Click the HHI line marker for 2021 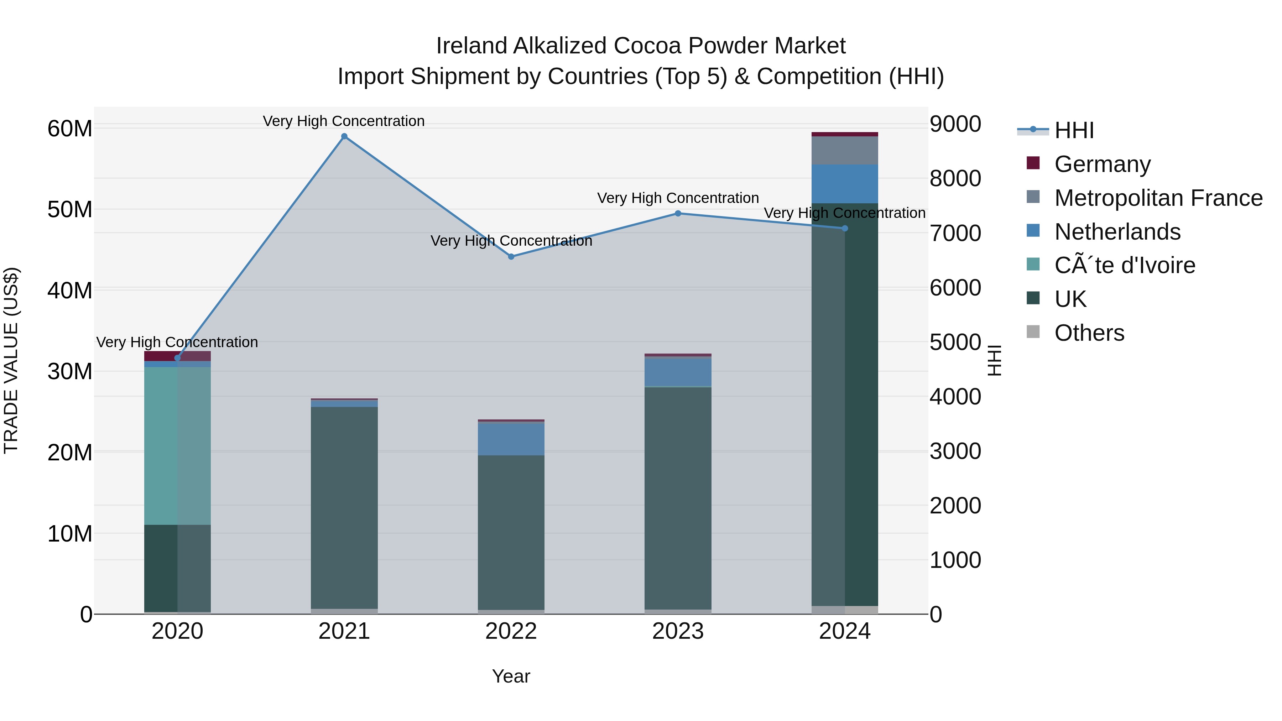(344, 136)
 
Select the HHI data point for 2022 (511, 257)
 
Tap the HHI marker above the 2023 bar (678, 214)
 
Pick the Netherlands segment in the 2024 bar (845, 184)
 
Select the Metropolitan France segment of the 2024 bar (845, 150)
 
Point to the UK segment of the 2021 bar (344, 507)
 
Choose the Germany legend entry (1102, 164)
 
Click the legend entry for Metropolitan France (1158, 198)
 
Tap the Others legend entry (1089, 333)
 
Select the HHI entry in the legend (1074, 130)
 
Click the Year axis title (511, 676)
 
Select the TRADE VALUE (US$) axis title (11, 360)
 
